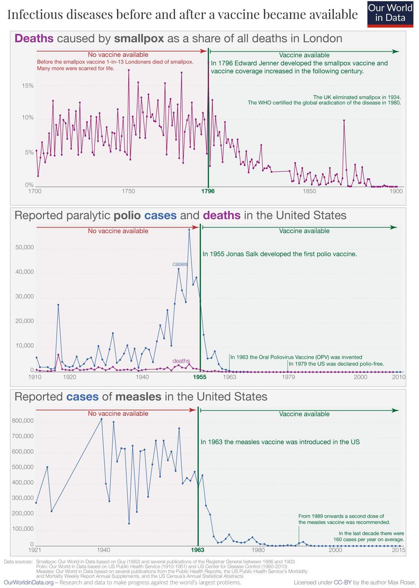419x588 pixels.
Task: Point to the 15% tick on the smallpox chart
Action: pyautogui.click(x=26, y=86)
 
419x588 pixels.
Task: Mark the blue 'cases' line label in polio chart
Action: pyautogui.click(x=176, y=264)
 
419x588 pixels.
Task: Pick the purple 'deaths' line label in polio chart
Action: pyautogui.click(x=182, y=361)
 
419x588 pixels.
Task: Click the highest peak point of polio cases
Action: pyautogui.click(x=189, y=229)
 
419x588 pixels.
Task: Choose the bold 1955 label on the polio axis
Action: pyautogui.click(x=200, y=378)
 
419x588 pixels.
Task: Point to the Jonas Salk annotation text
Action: pyautogui.click(x=280, y=254)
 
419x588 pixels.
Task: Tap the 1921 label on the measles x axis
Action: pyautogui.click(x=35, y=550)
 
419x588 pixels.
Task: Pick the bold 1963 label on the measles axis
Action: pyautogui.click(x=198, y=550)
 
